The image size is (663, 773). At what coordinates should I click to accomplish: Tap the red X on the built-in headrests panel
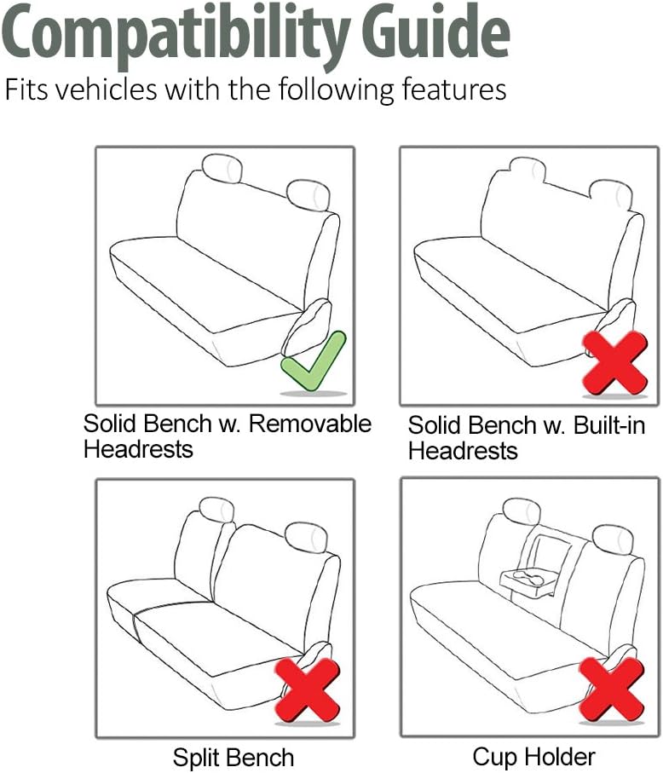[x=614, y=363]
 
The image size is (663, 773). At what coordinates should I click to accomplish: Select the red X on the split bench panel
[x=307, y=690]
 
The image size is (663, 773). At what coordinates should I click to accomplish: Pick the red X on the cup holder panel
[x=612, y=689]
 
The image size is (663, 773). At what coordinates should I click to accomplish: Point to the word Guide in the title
[x=436, y=32]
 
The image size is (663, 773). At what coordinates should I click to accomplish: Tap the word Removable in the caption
[x=309, y=424]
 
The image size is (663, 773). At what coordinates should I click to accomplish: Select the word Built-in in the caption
[x=609, y=425]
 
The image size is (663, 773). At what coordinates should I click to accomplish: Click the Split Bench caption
[x=233, y=757]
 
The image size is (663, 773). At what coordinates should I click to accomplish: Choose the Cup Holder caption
[x=533, y=756]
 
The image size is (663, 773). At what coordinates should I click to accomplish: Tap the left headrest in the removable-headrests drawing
[x=222, y=168]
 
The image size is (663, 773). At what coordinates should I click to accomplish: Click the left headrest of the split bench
[x=216, y=511]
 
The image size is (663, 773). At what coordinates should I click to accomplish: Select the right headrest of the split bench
[x=306, y=538]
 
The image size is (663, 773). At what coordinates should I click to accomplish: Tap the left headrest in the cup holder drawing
[x=522, y=511]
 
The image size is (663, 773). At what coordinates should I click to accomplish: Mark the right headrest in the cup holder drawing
[x=613, y=539]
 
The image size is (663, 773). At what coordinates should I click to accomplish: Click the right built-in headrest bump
[x=611, y=194]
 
